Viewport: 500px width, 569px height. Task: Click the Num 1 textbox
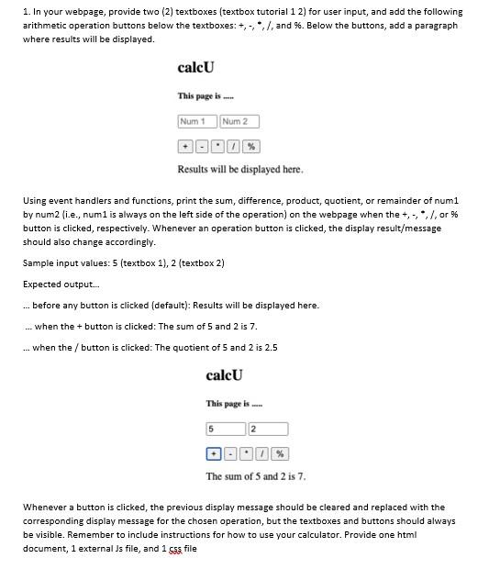click(x=197, y=121)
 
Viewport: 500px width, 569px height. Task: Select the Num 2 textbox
click(x=239, y=121)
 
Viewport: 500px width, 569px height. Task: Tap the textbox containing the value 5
click(x=226, y=429)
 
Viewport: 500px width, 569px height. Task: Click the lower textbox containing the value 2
click(x=268, y=429)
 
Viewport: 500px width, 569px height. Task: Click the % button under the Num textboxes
click(x=251, y=147)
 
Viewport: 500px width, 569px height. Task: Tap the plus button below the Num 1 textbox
click(x=184, y=147)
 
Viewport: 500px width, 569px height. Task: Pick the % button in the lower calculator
click(x=280, y=453)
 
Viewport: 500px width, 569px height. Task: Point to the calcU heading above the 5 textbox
click(x=224, y=375)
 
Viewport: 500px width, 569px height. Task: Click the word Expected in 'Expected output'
click(x=42, y=284)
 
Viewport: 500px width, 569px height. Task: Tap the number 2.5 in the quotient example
click(x=271, y=348)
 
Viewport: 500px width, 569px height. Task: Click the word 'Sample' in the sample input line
click(x=38, y=263)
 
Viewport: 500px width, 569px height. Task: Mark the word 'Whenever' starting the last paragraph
click(x=44, y=507)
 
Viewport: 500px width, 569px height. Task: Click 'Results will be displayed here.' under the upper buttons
click(x=240, y=170)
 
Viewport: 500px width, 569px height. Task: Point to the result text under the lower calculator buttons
click(x=256, y=476)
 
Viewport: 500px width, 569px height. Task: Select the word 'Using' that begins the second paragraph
click(x=34, y=200)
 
